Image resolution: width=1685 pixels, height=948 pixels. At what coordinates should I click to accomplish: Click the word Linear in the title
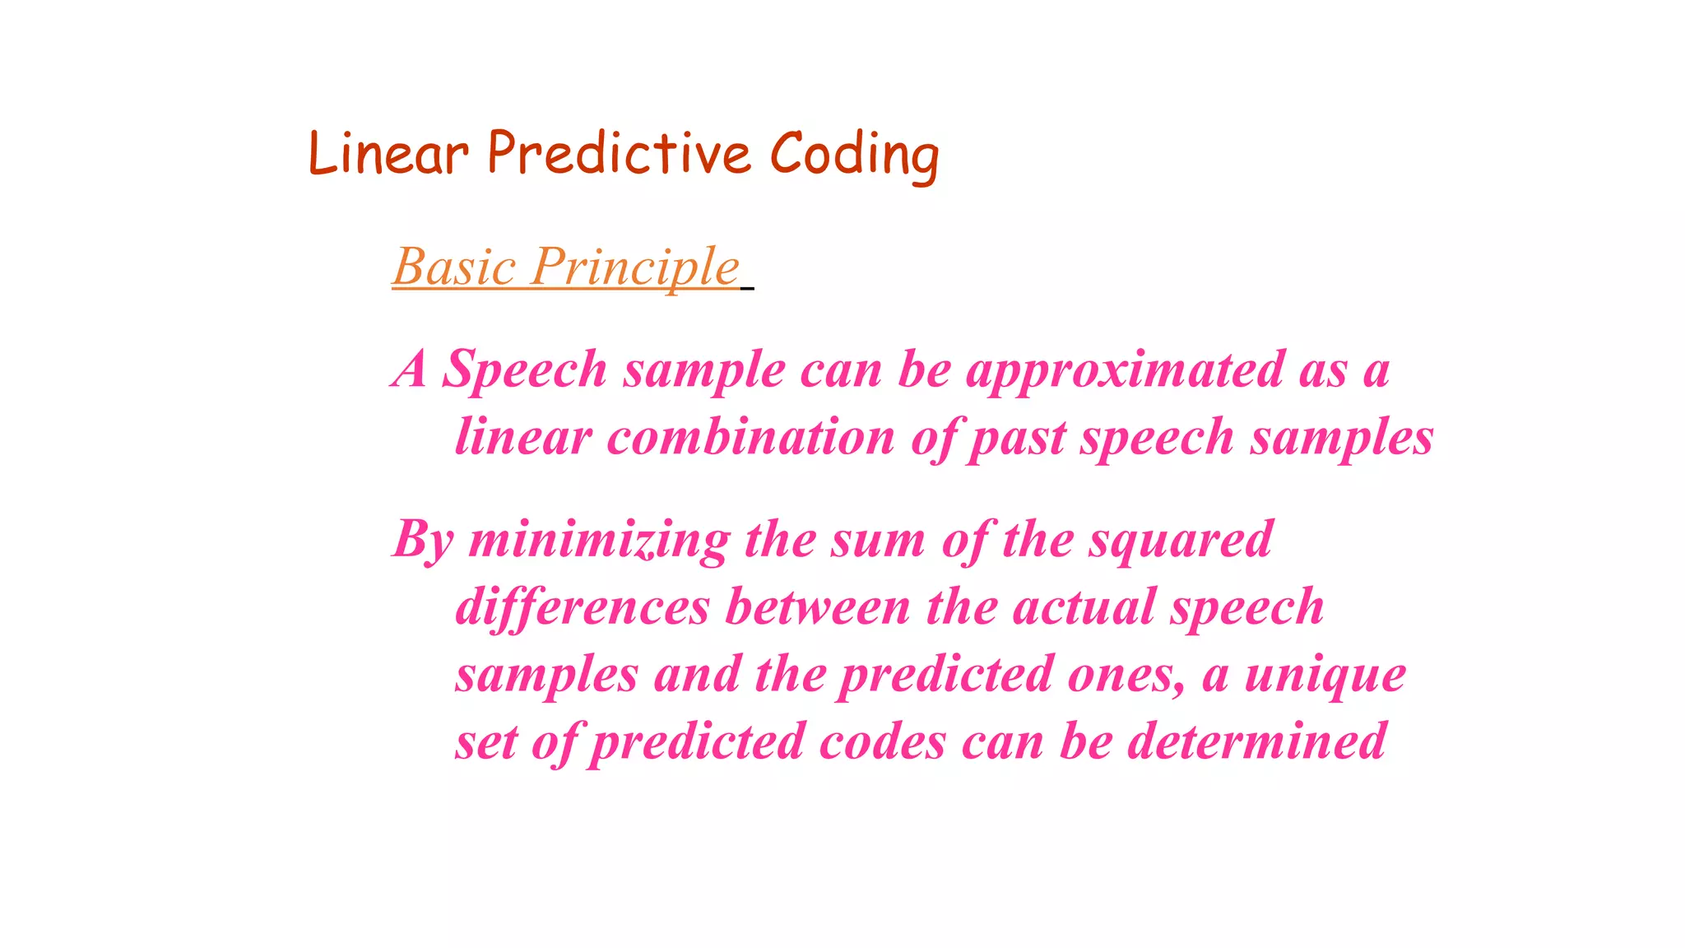(x=388, y=155)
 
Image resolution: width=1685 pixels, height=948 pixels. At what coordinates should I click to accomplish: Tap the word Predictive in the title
(x=619, y=155)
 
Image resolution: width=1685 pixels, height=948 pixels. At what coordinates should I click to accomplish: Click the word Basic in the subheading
(x=454, y=267)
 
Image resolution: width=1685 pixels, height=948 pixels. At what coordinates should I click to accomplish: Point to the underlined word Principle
(x=635, y=267)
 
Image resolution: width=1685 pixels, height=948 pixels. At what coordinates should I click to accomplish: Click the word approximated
(x=1125, y=370)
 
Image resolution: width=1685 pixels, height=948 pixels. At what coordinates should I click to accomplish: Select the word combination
(x=750, y=437)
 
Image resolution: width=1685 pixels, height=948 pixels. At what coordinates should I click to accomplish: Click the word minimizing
(x=599, y=541)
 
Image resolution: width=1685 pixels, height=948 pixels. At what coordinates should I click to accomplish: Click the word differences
(x=583, y=608)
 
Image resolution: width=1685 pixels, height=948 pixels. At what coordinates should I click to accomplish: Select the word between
(x=818, y=608)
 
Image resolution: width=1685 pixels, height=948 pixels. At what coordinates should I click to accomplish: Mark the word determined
(x=1256, y=742)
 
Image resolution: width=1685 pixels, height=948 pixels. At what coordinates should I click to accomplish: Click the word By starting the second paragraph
(x=423, y=541)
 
